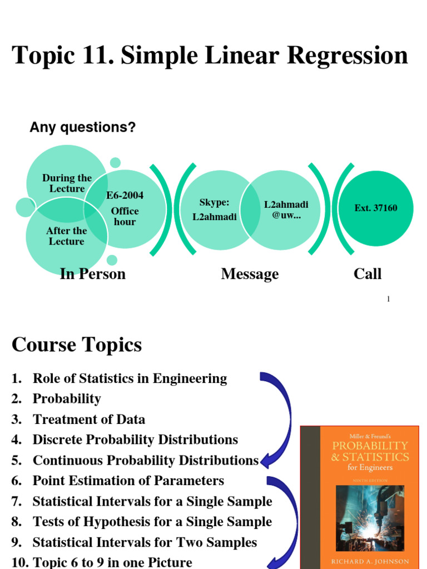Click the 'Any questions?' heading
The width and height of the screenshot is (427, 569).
[82, 127]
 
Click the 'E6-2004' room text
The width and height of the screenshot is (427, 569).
[125, 196]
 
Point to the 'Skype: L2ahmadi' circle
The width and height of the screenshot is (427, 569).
[214, 210]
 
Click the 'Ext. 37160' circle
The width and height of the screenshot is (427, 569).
[376, 208]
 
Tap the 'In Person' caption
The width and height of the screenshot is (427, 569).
[93, 274]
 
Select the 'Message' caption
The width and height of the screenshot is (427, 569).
[250, 274]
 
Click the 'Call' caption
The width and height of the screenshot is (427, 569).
[368, 274]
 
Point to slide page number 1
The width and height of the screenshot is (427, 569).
[388, 299]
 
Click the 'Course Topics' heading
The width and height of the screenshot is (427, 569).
[77, 345]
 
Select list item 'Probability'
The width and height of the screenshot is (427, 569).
[67, 399]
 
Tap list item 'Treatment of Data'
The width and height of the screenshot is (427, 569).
[89, 420]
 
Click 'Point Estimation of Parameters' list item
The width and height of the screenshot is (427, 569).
[128, 481]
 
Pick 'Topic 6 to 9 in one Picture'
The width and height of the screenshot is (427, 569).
[112, 562]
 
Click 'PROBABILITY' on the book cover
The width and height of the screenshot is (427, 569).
[370, 446]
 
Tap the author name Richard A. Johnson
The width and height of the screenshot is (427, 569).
[370, 561]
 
